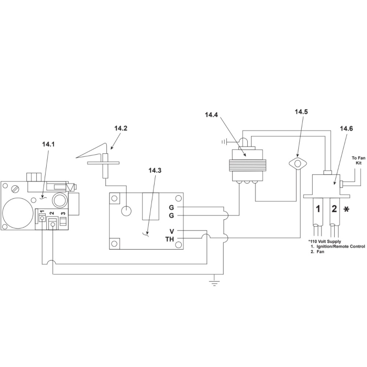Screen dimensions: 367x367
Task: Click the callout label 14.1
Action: tap(48, 144)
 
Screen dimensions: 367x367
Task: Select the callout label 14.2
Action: tap(121, 128)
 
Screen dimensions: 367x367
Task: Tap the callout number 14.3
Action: tap(155, 170)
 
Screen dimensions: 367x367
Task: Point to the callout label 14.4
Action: tap(211, 115)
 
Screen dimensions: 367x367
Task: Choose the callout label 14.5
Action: tap(301, 112)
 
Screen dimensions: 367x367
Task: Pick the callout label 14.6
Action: tap(346, 128)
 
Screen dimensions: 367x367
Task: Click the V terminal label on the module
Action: tap(172, 231)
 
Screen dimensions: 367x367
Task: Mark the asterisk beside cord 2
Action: tap(346, 210)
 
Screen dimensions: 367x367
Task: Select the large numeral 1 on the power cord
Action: tap(318, 209)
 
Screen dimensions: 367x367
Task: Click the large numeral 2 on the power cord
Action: tap(334, 209)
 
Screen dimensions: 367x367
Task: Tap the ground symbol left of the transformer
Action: tap(224, 141)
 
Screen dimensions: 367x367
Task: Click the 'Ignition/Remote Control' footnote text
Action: tap(341, 247)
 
